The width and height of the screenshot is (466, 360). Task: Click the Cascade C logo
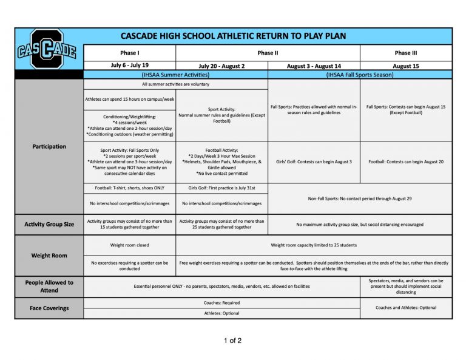47,49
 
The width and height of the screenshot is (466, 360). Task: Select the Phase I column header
129,53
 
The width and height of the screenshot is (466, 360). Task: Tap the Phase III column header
406,53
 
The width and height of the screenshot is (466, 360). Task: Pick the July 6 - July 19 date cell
129,66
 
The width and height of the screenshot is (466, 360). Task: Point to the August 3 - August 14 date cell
314,66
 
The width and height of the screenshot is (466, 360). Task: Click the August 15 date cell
406,66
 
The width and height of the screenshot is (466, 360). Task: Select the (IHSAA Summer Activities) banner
175,75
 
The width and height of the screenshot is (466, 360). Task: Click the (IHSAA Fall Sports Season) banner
360,75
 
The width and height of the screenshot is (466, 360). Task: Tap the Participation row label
49,146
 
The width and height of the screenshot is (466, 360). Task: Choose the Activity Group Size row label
49,224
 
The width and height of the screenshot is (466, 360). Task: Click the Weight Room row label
49,256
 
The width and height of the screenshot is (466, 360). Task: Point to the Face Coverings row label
49,308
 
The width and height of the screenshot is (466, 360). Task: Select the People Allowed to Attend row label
49,286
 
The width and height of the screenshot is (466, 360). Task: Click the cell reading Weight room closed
129,245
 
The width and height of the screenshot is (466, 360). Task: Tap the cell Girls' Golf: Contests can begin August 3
314,161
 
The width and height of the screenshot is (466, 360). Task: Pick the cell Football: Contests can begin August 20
406,161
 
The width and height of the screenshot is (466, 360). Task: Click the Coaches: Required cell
221,302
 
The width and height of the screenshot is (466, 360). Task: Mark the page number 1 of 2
232,340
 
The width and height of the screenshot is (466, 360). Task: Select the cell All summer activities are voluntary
175,84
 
